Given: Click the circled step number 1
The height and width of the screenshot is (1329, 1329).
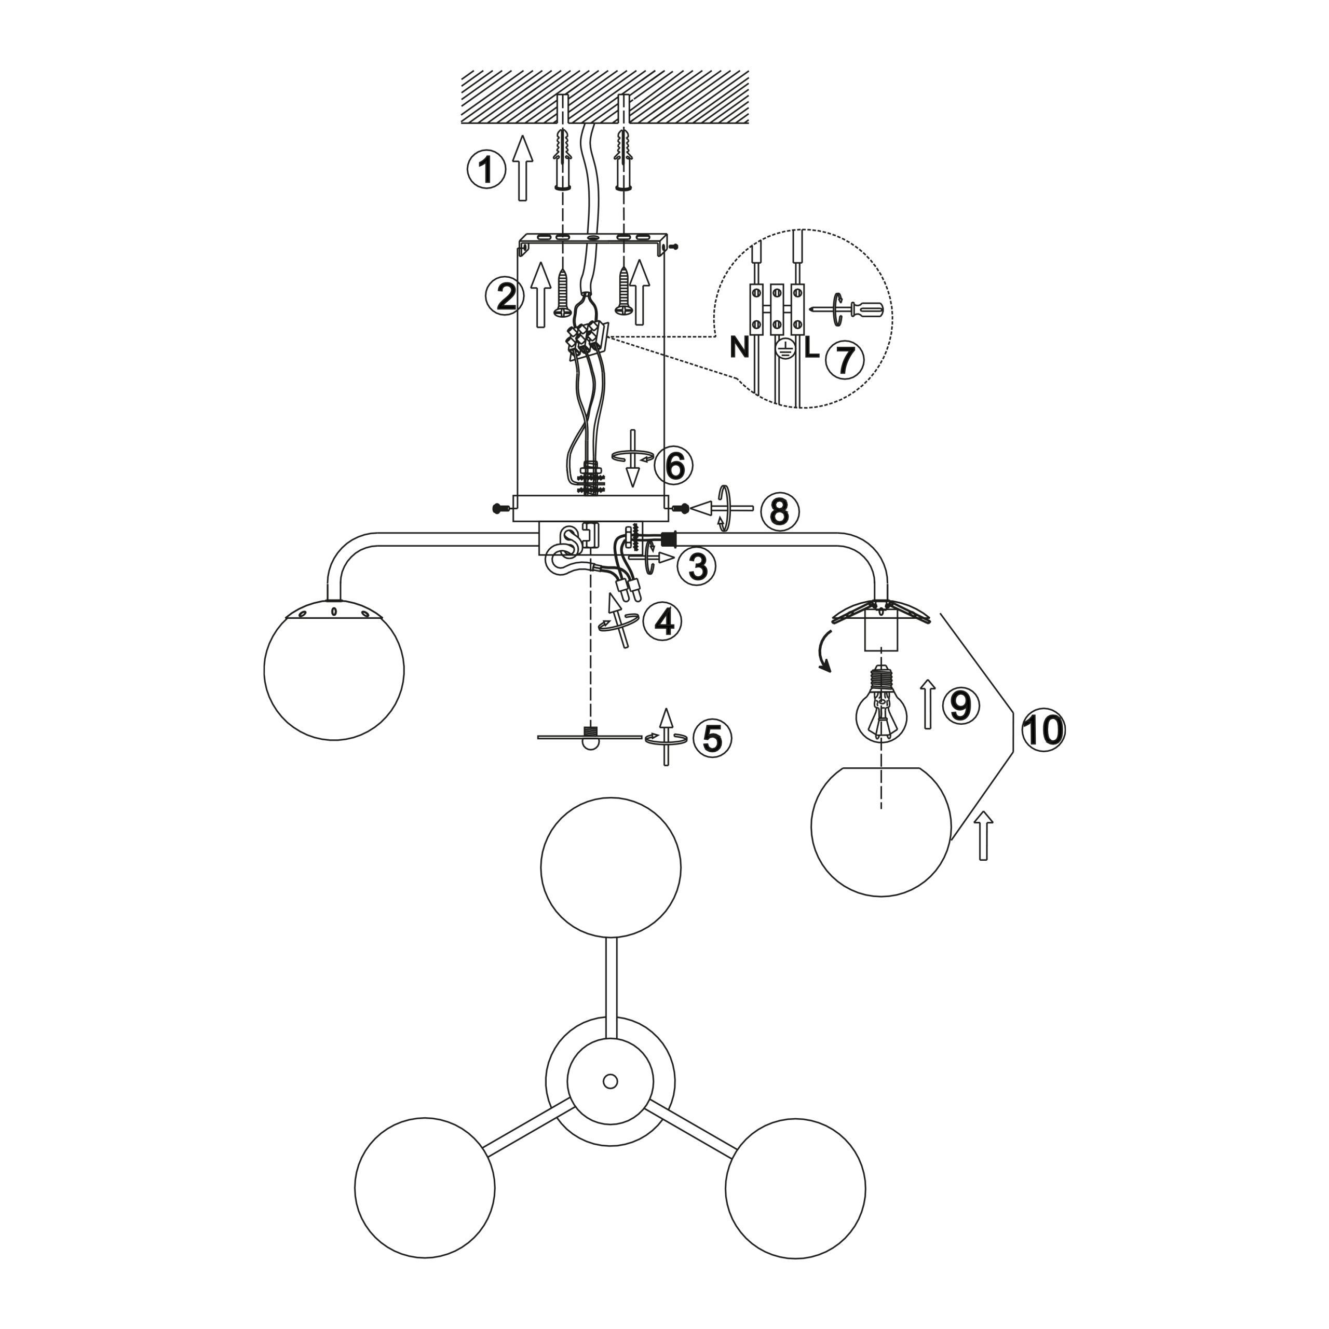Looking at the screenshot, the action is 486,169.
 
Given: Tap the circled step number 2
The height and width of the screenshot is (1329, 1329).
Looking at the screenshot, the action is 505,296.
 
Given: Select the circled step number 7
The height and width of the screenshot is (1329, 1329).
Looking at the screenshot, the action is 845,359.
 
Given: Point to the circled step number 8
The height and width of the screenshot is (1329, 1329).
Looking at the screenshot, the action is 779,511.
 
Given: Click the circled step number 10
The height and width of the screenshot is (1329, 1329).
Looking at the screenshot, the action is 1043,730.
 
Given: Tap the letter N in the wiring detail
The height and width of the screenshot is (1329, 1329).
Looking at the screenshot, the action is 739,348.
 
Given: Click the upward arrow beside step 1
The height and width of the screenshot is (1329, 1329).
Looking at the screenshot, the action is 523,168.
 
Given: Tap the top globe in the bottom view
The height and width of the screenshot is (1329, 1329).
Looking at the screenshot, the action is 611,867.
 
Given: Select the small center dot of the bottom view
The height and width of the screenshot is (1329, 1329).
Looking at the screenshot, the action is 610,1081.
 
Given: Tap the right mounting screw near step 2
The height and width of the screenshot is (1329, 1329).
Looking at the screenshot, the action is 623,292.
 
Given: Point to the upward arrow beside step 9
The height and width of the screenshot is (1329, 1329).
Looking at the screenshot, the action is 928,704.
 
